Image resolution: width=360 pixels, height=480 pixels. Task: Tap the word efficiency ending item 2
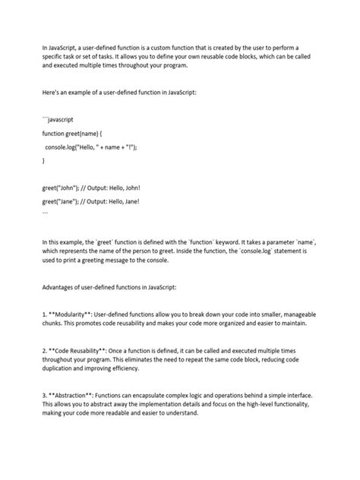click(x=120, y=368)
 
